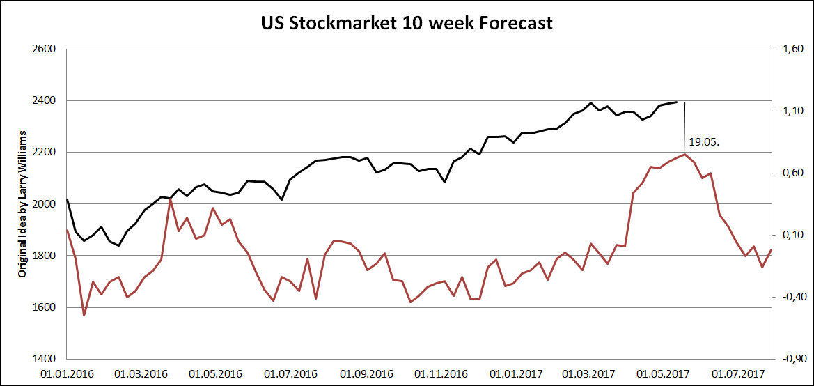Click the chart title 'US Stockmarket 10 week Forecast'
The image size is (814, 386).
click(x=407, y=23)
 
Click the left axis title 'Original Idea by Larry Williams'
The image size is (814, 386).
click(x=22, y=204)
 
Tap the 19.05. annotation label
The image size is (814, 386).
click(x=703, y=141)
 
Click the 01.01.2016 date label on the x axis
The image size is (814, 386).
click(x=68, y=373)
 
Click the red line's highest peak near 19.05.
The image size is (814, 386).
click(x=685, y=154)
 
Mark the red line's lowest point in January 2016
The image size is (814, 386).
click(x=84, y=316)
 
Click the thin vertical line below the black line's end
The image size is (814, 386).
click(x=685, y=125)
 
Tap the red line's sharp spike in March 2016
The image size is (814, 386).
click(x=171, y=199)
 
